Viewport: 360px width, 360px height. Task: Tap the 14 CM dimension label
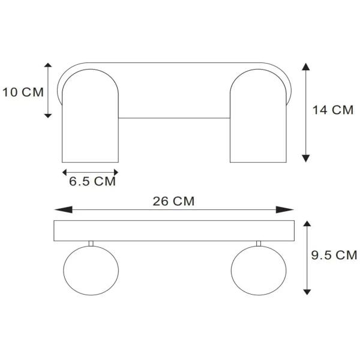pyautogui.click(x=333, y=110)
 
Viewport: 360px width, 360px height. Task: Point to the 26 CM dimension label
pyautogui.click(x=173, y=202)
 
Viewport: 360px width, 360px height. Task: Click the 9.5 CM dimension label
pyautogui.click(x=334, y=256)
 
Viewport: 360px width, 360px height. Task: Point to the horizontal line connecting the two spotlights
pyautogui.click(x=175, y=118)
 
